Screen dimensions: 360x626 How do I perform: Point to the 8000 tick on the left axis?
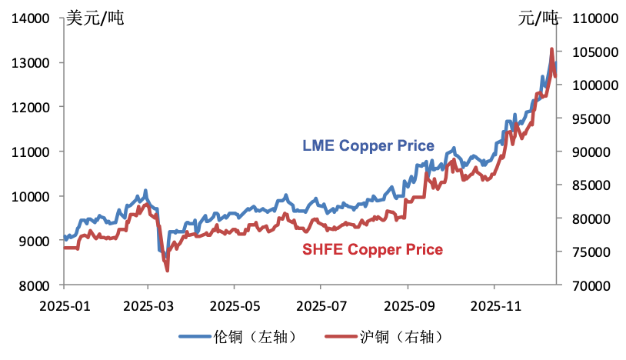(x=37, y=285)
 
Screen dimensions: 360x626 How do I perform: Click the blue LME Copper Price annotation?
(x=368, y=145)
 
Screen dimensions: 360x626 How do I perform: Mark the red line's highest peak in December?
(x=551, y=49)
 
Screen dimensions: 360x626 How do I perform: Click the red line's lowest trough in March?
(x=167, y=270)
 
